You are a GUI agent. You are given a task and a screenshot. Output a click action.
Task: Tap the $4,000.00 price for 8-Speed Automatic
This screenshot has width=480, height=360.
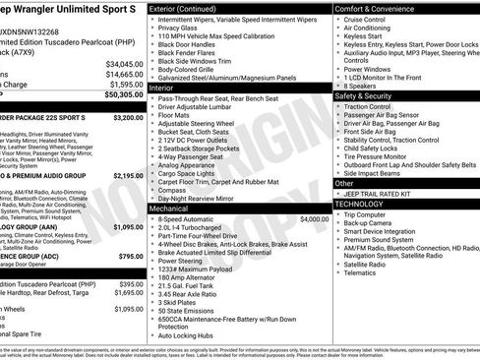[314, 218]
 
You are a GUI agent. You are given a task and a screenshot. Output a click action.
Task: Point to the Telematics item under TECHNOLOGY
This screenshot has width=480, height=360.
[362, 272]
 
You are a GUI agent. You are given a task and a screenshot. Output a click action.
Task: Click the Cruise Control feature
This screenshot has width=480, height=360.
[365, 19]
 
